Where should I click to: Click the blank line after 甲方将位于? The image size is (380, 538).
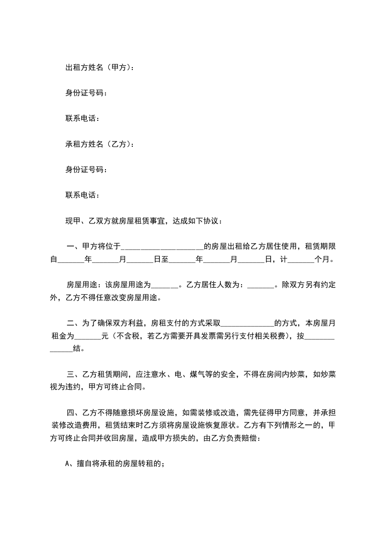pos(163,247)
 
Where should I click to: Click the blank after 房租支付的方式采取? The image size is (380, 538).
pos(247,323)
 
